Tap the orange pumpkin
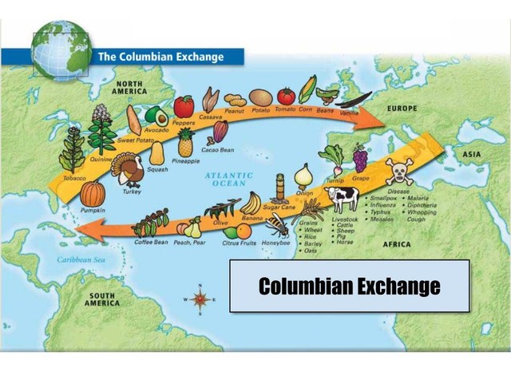(93, 194)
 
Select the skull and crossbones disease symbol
(398, 171)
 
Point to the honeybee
(276, 223)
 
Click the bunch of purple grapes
(360, 157)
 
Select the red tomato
(286, 97)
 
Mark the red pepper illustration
(184, 106)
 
